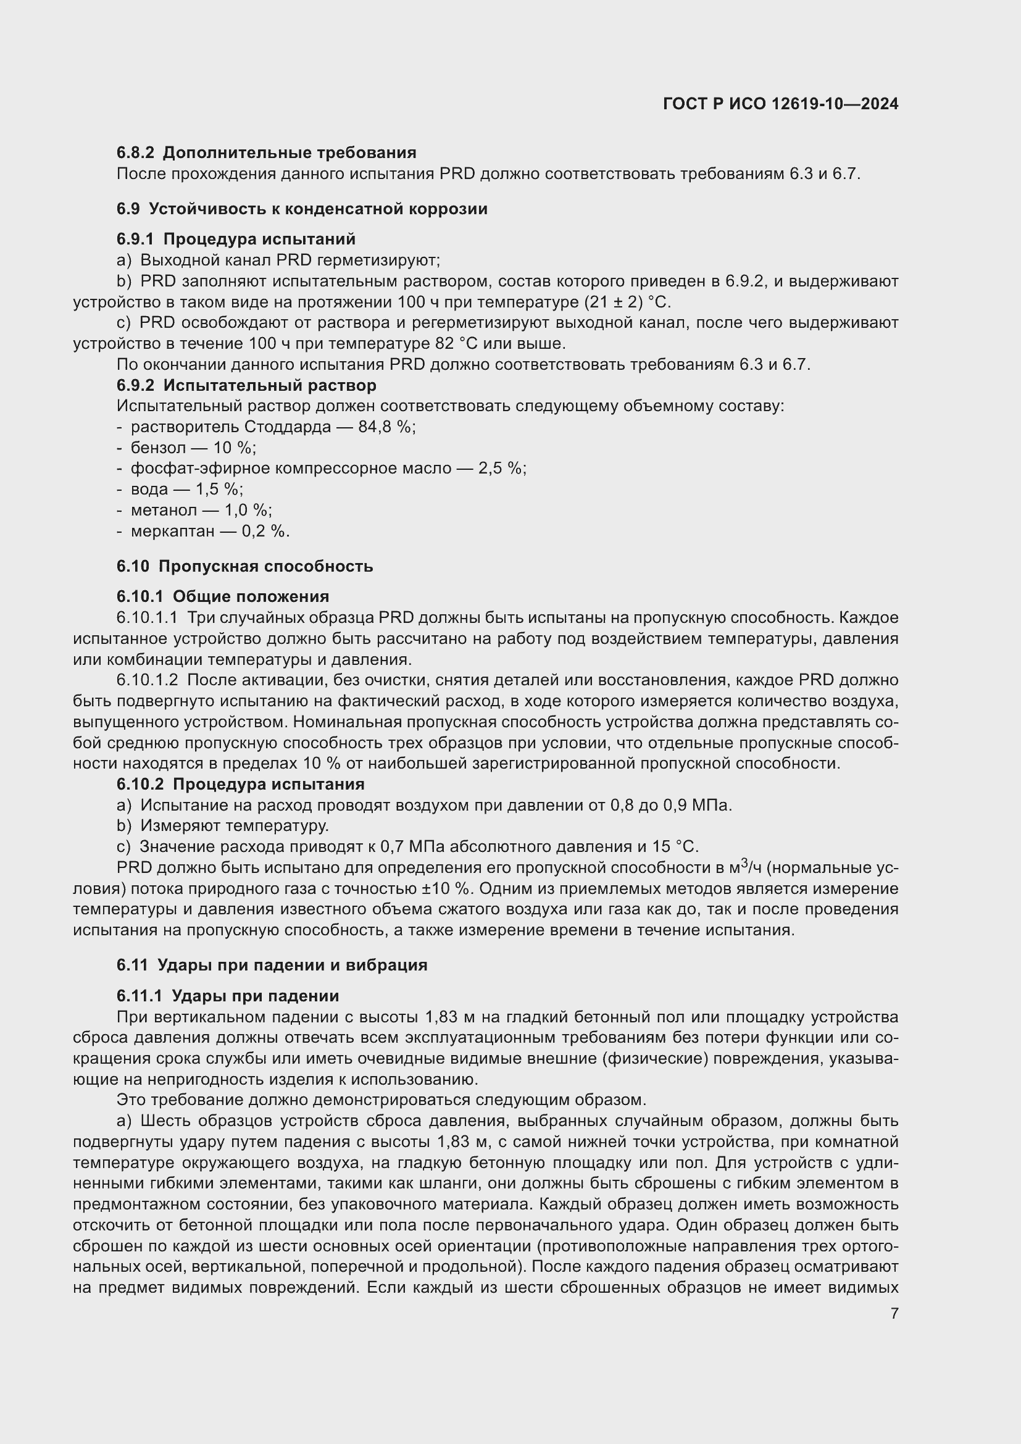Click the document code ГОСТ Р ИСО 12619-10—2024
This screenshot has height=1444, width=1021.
coord(780,104)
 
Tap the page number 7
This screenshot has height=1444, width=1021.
coord(894,1313)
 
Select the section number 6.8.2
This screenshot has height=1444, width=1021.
coord(135,153)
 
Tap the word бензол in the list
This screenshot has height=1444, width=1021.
coord(159,448)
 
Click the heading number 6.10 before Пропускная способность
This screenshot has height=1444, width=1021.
coord(133,567)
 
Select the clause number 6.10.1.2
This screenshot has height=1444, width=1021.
coord(147,680)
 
